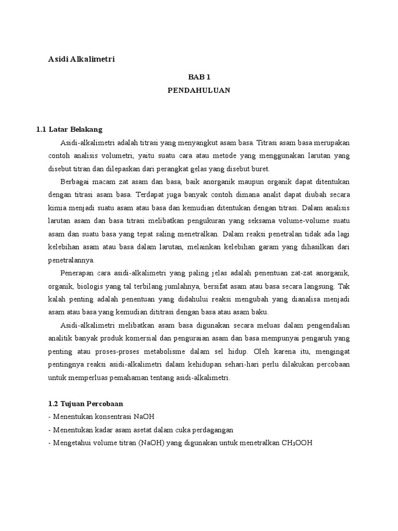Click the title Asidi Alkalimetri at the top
pyautogui.click(x=81, y=59)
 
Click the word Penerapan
pyautogui.click(x=78, y=273)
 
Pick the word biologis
pyautogui.click(x=90, y=286)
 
